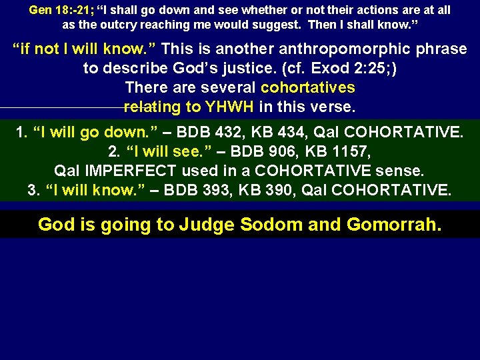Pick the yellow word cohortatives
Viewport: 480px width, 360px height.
308,87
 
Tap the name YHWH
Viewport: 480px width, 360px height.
230,106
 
